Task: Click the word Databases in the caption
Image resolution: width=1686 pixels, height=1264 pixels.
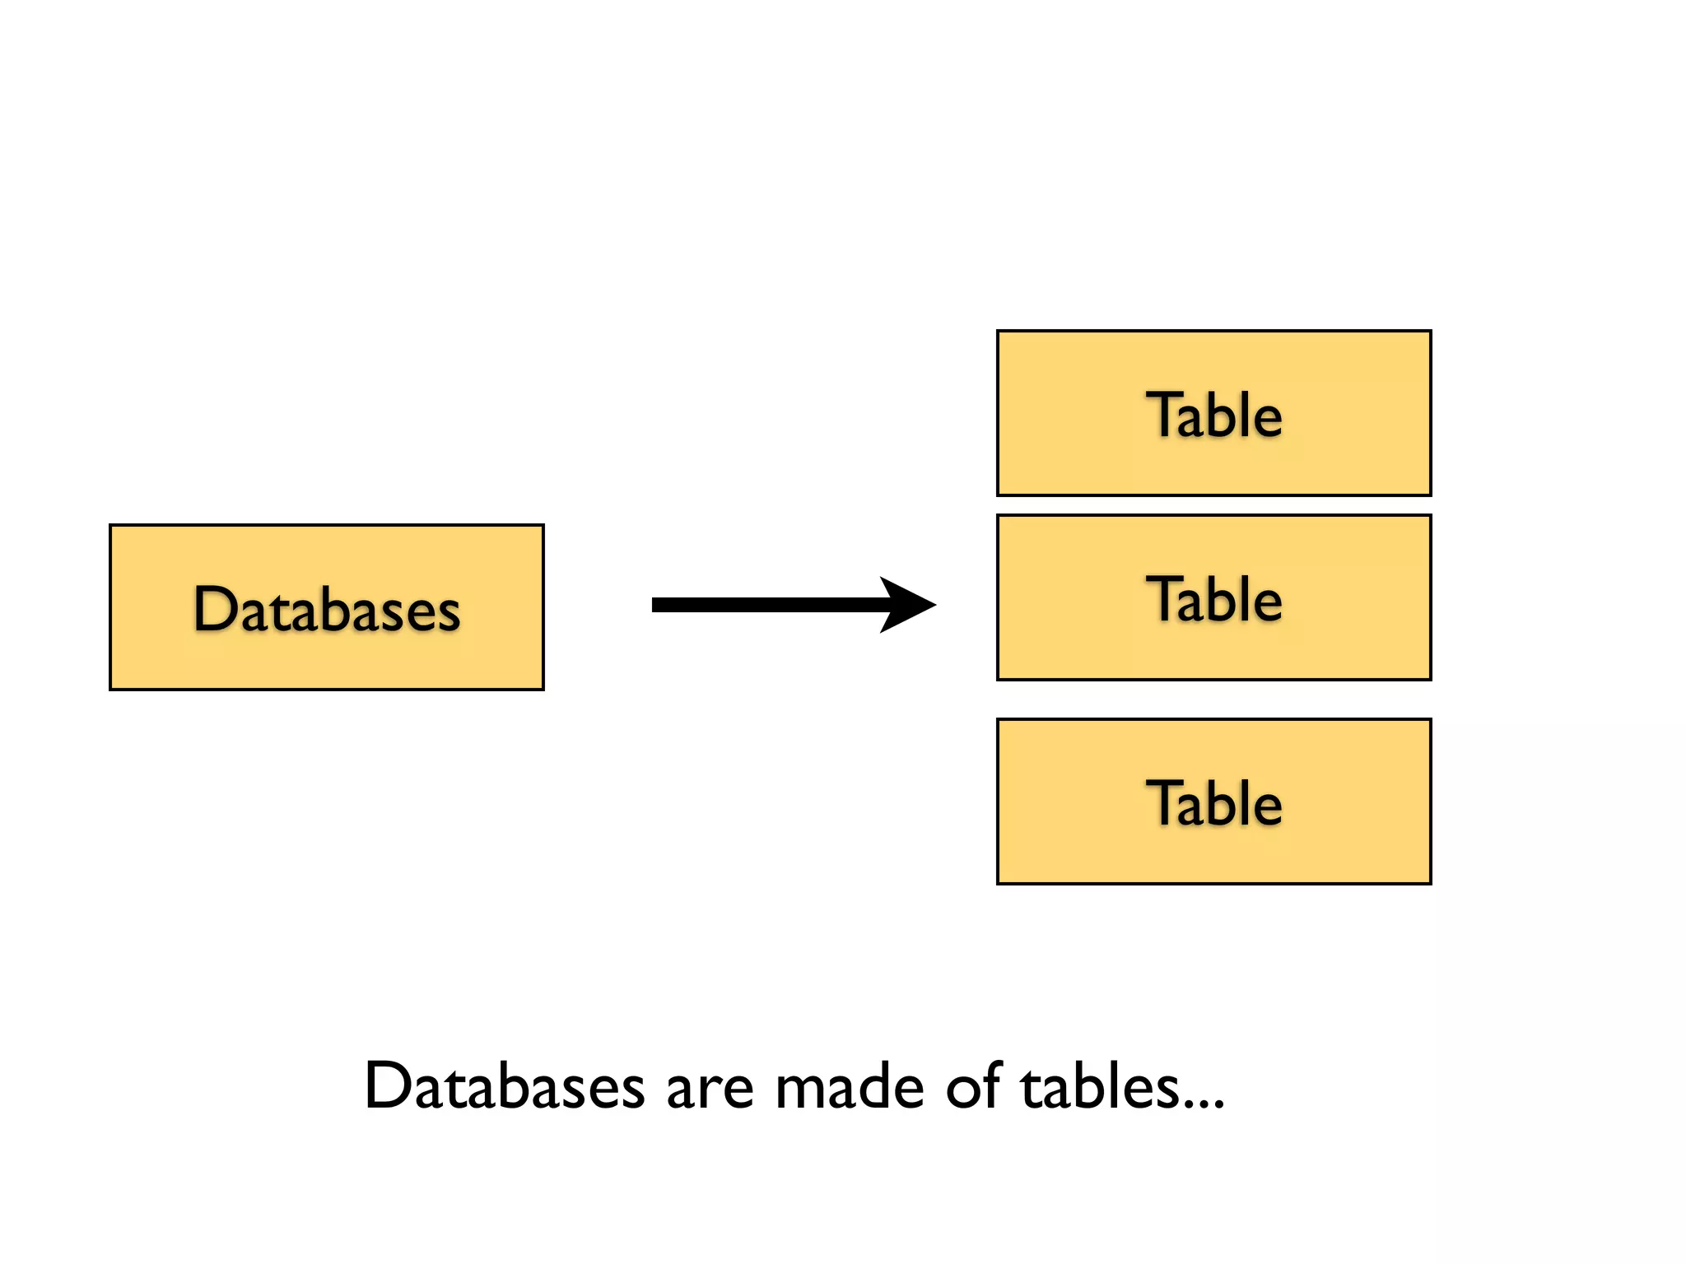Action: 504,1086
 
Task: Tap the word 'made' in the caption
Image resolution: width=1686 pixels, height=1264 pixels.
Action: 850,1086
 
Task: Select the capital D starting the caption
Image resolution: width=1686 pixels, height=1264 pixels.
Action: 388,1086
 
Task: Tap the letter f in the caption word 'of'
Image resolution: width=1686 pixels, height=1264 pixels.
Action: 990,1085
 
